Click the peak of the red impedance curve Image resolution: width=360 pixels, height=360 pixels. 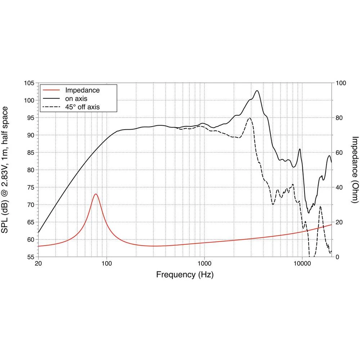(96, 194)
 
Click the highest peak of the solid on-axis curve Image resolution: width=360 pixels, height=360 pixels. (257, 91)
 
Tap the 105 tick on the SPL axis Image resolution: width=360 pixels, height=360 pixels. (29, 83)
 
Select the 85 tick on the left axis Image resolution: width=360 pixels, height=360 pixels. (30, 153)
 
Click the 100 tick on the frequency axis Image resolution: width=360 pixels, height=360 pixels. (107, 263)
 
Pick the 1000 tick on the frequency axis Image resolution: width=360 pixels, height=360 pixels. (204, 263)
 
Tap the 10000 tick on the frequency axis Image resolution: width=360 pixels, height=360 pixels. (302, 263)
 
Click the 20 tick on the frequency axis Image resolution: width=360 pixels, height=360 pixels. (38, 263)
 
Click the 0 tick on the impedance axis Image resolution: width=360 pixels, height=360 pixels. (337, 257)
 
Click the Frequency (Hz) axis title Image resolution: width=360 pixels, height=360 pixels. (185, 275)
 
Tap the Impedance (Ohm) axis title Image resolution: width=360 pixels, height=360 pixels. (355, 170)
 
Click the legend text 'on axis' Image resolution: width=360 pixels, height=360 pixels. (76, 98)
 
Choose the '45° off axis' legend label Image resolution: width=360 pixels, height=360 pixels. (82, 107)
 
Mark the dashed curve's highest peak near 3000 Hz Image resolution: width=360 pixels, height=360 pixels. (249, 118)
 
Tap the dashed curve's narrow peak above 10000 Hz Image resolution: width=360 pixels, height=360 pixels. (320, 206)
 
